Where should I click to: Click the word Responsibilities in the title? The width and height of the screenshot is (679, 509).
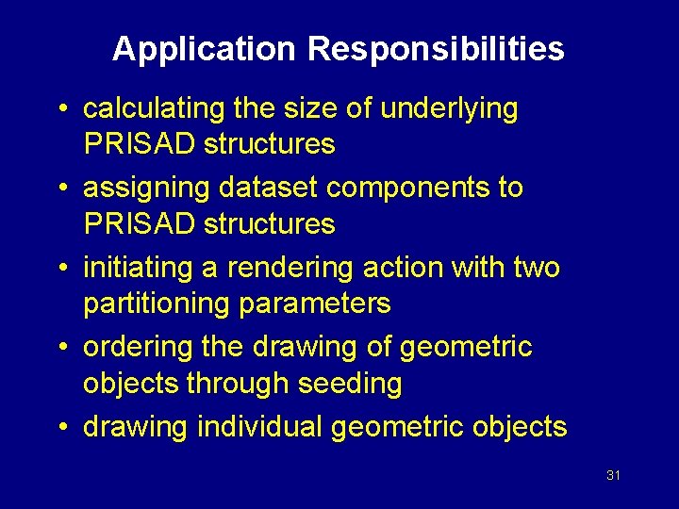click(x=436, y=49)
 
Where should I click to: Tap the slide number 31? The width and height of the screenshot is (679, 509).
click(x=613, y=476)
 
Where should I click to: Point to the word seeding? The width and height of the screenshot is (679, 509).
click(x=350, y=384)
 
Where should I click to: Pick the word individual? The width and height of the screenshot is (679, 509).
click(x=260, y=427)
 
